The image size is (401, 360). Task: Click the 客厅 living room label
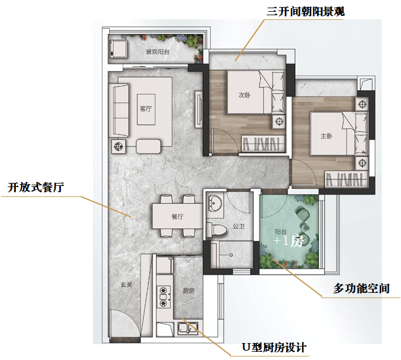click(x=146, y=109)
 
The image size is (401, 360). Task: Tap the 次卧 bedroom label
click(x=244, y=95)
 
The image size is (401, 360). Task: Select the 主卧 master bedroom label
click(x=327, y=136)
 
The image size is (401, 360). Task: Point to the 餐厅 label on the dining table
click(x=178, y=217)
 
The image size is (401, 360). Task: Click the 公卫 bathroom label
click(x=238, y=226)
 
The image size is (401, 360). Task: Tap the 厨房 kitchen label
click(x=188, y=290)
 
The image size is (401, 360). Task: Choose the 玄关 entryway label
click(x=126, y=284)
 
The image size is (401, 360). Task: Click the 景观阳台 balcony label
click(x=158, y=52)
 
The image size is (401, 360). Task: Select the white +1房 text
click(x=289, y=241)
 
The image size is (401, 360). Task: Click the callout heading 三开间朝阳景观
click(x=306, y=12)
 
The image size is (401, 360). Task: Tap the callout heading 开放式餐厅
click(x=36, y=187)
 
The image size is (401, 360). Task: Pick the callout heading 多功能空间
click(x=361, y=289)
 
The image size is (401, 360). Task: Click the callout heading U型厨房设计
click(x=274, y=348)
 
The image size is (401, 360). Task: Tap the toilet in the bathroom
click(x=216, y=229)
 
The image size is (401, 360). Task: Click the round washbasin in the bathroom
click(x=215, y=203)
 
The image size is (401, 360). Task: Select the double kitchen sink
click(x=188, y=328)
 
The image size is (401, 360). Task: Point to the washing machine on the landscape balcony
click(x=118, y=49)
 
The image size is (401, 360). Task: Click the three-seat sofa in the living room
click(x=119, y=110)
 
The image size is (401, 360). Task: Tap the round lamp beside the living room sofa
click(x=118, y=147)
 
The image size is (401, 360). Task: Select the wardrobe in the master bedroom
click(x=347, y=179)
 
